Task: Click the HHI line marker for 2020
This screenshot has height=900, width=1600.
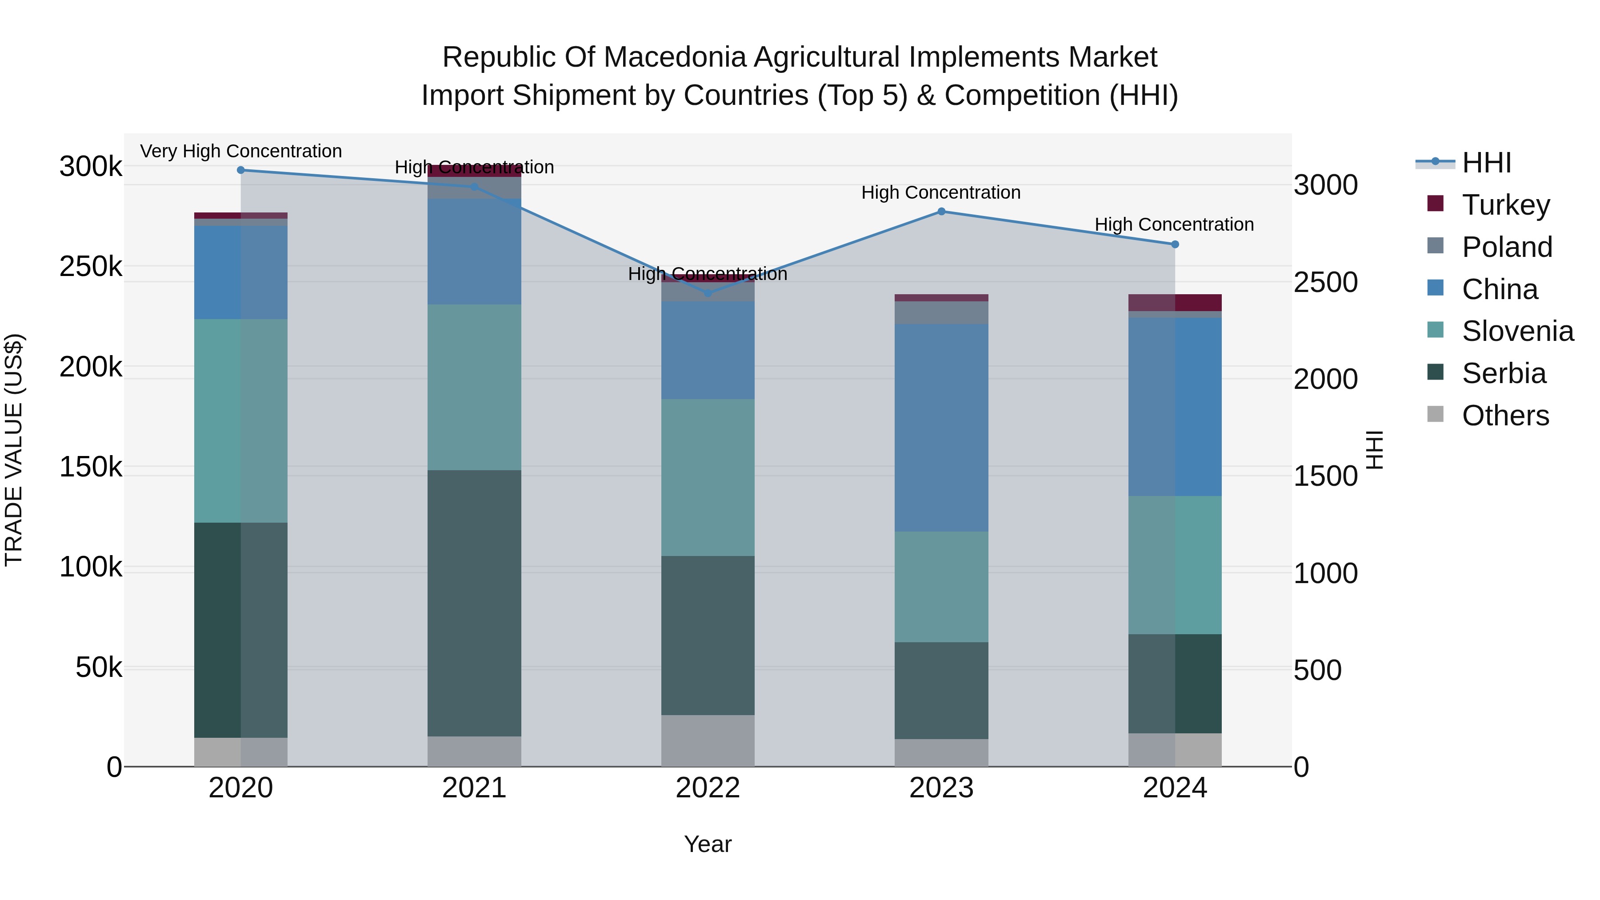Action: coord(241,170)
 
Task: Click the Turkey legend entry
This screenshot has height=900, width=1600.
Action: coord(1506,205)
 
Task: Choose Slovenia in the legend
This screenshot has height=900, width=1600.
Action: coord(1517,331)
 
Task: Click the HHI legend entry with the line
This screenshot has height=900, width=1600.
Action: coord(1486,163)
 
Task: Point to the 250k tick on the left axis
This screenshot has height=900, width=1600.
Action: coord(91,267)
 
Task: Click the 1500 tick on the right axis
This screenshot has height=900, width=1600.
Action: coord(1325,476)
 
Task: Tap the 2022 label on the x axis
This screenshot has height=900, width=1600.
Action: coord(708,788)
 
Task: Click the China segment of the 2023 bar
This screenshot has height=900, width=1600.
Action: coord(941,427)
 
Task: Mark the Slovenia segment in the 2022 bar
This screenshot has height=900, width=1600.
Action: coord(708,477)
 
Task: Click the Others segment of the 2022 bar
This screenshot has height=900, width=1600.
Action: coord(708,740)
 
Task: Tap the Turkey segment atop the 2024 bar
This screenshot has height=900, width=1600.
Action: coord(1175,303)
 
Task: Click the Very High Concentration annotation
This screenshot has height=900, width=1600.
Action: coord(241,152)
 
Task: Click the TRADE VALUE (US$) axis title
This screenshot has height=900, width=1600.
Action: coord(14,450)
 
